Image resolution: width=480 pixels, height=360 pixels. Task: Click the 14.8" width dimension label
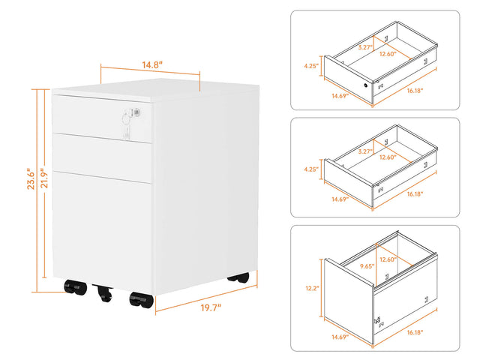[151, 64]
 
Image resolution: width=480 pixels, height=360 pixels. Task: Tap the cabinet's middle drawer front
[103, 153]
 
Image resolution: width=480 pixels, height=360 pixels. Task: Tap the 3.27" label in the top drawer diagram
[365, 47]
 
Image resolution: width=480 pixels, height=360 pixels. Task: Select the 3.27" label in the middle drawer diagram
[365, 151]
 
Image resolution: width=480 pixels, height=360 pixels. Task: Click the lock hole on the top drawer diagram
[367, 85]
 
